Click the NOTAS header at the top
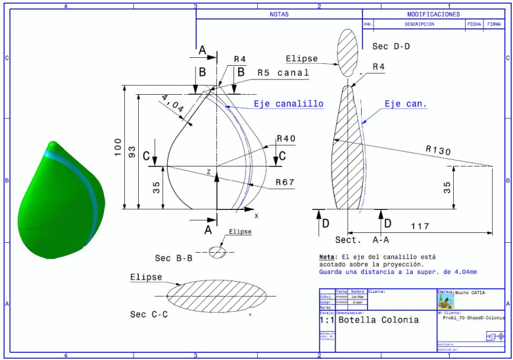[279, 14]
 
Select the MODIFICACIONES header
[433, 14]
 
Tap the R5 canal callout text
[283, 73]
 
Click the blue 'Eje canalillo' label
[289, 104]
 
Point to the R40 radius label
[286, 139]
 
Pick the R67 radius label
[285, 182]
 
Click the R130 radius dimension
[438, 151]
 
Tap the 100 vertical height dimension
[118, 147]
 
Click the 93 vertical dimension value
[132, 152]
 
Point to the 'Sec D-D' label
[391, 47]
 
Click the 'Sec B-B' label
[173, 258]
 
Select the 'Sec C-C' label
[149, 315]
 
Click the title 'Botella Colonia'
[378, 321]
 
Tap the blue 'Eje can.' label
[406, 104]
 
